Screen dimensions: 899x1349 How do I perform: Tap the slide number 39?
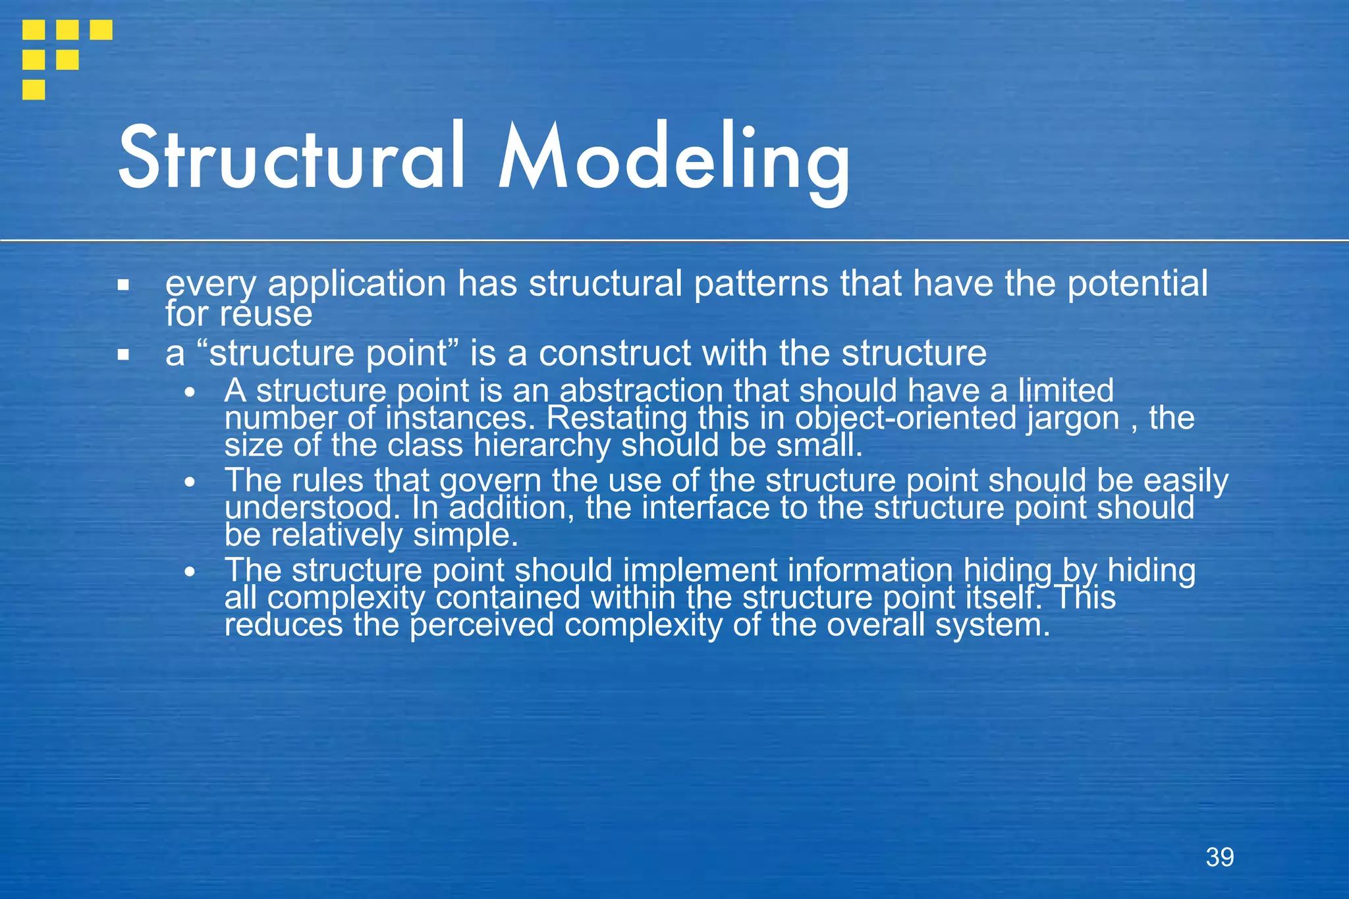[x=1219, y=858]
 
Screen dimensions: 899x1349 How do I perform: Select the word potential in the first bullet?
[x=1138, y=285]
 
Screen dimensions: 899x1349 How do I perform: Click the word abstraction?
[x=641, y=391]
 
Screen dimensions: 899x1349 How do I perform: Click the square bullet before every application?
[x=123, y=286]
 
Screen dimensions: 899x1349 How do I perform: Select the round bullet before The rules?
[x=190, y=482]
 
